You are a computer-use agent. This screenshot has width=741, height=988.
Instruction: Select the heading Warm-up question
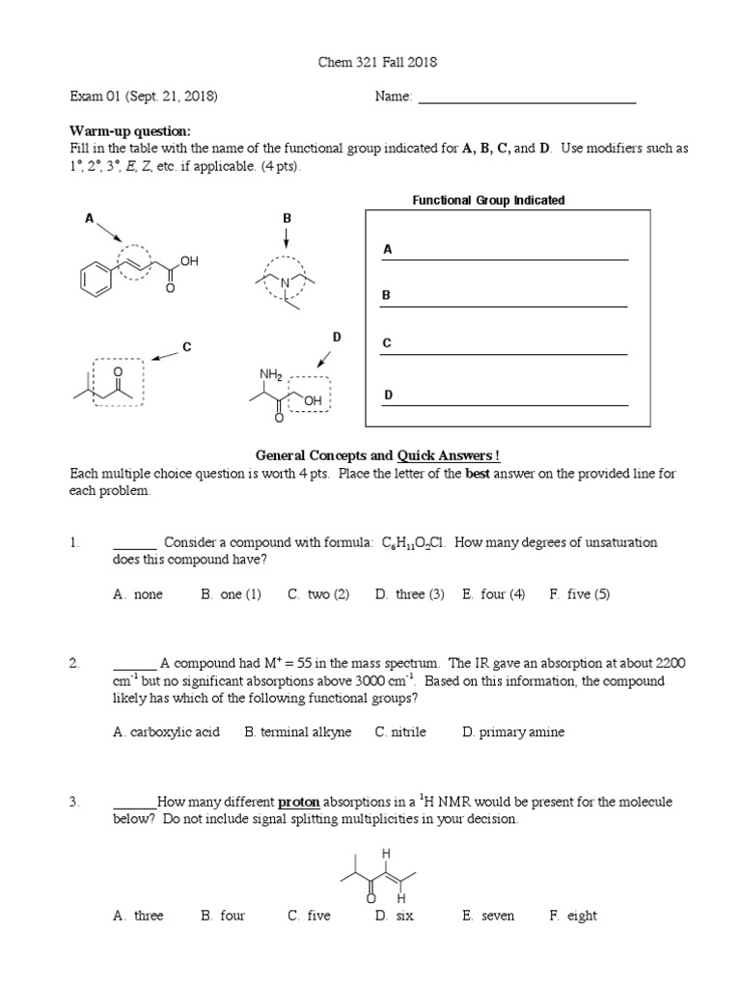point(130,131)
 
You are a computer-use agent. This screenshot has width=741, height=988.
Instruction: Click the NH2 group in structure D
point(269,374)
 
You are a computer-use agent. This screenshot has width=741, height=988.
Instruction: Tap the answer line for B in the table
point(505,305)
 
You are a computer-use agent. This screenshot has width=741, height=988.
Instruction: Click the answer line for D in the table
point(505,404)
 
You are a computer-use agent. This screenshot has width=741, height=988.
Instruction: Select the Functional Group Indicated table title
point(488,201)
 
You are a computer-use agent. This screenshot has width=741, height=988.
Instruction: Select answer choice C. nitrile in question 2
point(400,732)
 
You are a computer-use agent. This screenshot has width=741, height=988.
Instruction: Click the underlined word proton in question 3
point(298,802)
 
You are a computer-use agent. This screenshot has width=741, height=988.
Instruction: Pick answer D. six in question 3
point(395,916)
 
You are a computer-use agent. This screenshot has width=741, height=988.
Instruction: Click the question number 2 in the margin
point(73,664)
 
